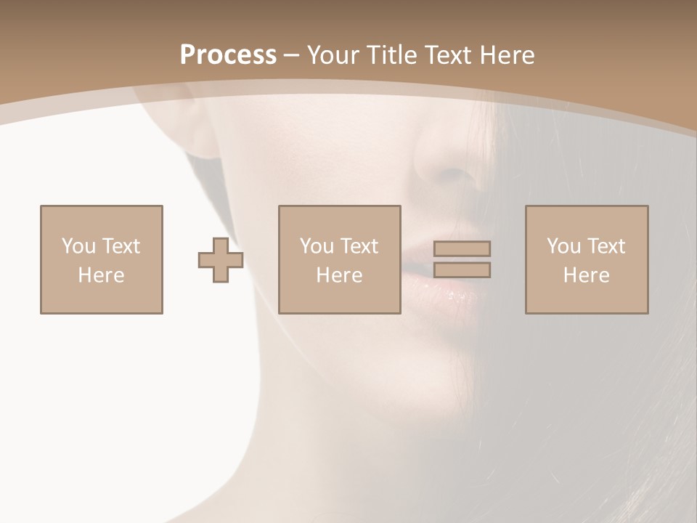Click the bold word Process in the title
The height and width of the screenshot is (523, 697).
228,55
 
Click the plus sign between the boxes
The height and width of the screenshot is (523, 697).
221,259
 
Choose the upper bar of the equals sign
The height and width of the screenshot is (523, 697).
462,248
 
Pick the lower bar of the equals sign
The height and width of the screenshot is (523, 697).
462,270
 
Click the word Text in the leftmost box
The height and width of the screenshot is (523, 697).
121,246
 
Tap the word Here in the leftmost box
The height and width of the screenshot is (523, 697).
101,275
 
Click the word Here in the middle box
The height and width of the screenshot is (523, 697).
340,275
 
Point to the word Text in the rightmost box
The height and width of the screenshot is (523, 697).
606,246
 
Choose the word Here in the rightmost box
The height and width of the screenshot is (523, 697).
587,275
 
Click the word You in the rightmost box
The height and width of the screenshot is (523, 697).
563,246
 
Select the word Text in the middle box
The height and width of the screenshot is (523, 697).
359,246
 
